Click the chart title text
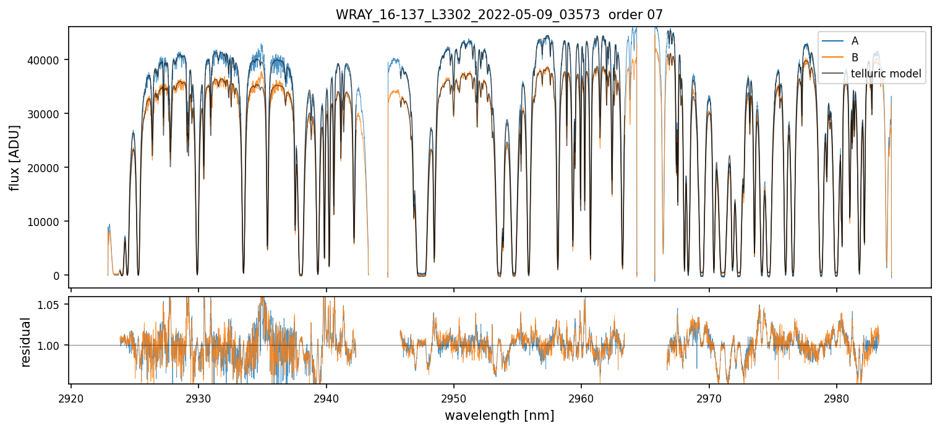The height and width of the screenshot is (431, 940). coord(499,15)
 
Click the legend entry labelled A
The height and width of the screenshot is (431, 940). coord(855,41)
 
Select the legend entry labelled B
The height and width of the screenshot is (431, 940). coord(855,58)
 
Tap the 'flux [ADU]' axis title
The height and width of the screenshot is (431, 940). coord(14,158)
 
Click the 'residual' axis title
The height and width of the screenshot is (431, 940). coord(26,342)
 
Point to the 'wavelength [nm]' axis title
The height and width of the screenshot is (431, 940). coord(499,416)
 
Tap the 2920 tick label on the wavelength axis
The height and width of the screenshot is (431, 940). coord(71,397)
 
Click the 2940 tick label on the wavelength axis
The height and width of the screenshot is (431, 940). coord(326,397)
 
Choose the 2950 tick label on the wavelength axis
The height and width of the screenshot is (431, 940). coord(453,397)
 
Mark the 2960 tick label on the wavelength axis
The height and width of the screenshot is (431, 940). coord(581,397)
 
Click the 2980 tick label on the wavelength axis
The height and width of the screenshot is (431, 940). coord(837,397)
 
